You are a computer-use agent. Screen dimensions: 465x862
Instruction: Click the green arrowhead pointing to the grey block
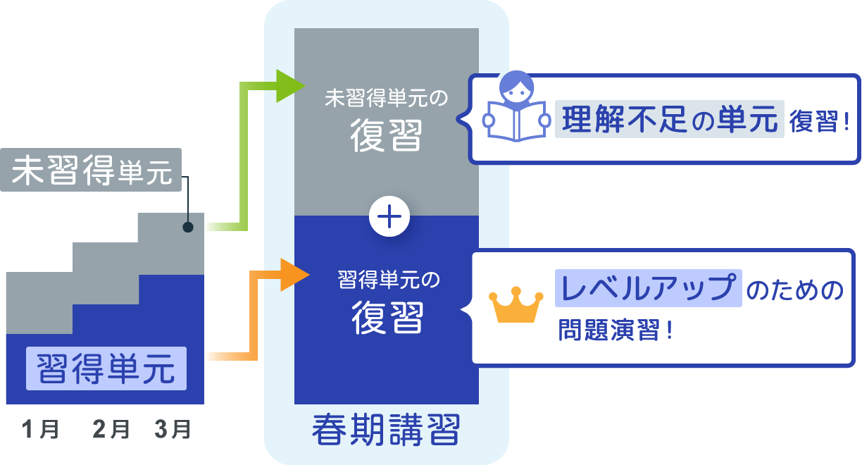pos(289,86)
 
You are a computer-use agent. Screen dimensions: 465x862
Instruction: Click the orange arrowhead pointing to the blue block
pos(294,275)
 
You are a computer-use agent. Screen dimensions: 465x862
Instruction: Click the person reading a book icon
pos(516,108)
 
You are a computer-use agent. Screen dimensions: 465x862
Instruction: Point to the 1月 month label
pos(40,429)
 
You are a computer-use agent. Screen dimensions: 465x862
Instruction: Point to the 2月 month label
pos(111,429)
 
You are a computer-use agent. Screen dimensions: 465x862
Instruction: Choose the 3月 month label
pos(172,429)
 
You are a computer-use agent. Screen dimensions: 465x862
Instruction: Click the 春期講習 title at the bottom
pos(386,430)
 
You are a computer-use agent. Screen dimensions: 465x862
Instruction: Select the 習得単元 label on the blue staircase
pos(106,368)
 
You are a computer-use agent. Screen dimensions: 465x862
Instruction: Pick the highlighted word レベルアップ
pos(648,288)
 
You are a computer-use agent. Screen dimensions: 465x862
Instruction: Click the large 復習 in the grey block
pos(386,135)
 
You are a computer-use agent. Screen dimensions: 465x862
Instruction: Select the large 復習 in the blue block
pos(387,318)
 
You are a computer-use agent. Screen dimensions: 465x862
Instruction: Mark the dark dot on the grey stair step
pos(188,227)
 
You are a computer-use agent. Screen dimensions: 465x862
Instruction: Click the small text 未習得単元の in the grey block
pos(386,98)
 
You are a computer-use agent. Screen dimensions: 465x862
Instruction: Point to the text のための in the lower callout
pos(794,290)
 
